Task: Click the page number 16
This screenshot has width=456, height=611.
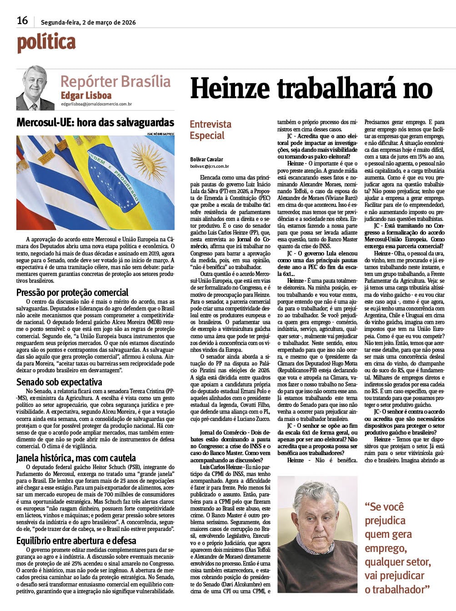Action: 22,20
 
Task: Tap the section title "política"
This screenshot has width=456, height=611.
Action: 46,43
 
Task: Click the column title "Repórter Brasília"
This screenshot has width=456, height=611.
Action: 115,81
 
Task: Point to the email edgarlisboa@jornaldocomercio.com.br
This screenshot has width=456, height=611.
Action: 96,104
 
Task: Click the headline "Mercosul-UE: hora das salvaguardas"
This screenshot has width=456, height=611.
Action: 95,122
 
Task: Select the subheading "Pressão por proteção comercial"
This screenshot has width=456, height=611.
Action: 72,292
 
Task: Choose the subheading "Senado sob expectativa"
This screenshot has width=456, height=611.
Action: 59,382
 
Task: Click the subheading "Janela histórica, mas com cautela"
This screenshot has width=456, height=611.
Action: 76,458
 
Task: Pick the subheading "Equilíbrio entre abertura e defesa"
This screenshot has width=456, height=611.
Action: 76,541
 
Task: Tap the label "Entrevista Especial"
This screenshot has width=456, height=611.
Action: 210,130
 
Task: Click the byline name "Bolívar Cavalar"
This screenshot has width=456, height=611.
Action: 207,159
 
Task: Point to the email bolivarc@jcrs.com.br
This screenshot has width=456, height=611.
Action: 210,167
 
